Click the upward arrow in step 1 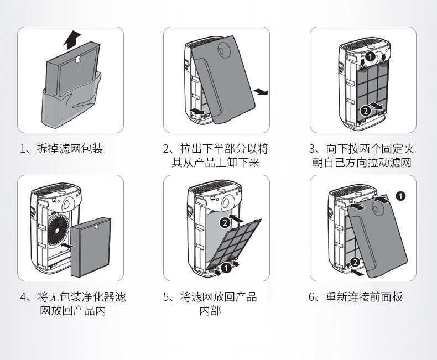(x=71, y=39)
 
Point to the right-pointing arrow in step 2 (x=261, y=91)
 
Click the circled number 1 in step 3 (x=370, y=56)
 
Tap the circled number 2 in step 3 (x=365, y=111)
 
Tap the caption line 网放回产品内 (x=72, y=311)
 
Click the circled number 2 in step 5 (x=225, y=222)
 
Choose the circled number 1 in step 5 (x=225, y=269)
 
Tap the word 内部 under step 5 (x=210, y=311)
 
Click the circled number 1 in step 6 (x=401, y=195)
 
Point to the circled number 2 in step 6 (x=355, y=262)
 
